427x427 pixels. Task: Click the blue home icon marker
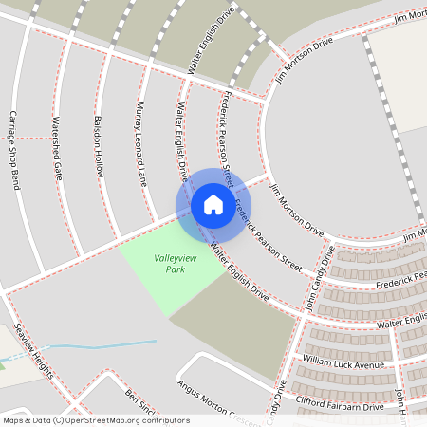click(x=213, y=204)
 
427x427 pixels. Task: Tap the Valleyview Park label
click(x=169, y=263)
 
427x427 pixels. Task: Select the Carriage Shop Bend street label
click(x=15, y=150)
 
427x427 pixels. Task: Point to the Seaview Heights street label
click(x=29, y=352)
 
